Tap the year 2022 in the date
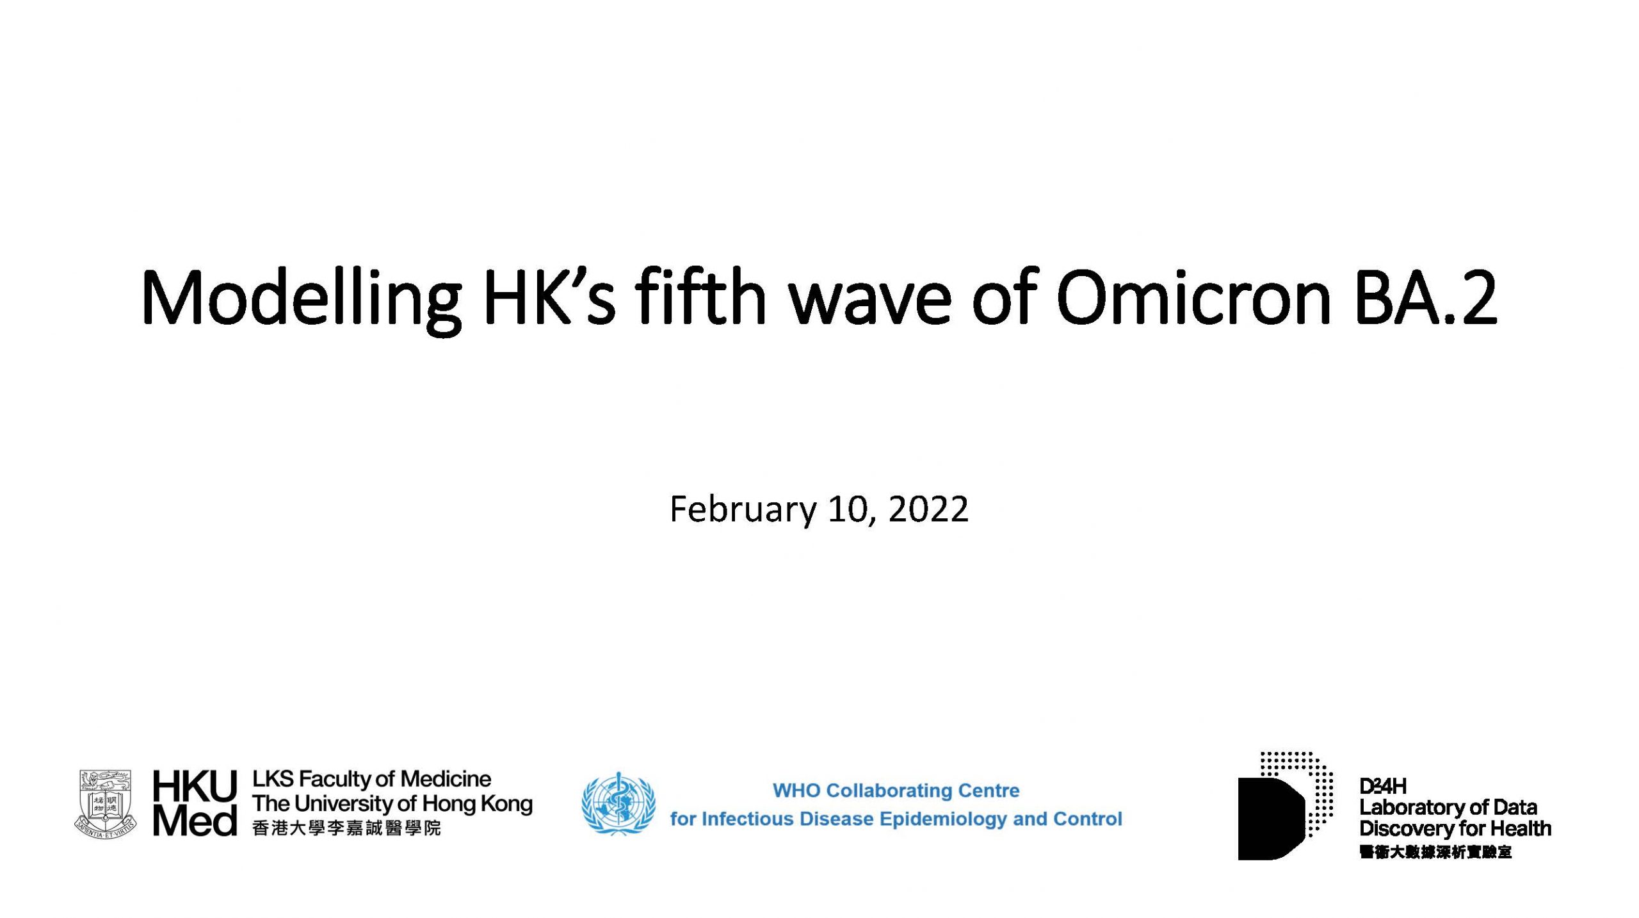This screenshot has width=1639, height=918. [x=928, y=510]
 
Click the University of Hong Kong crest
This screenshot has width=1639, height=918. [x=105, y=804]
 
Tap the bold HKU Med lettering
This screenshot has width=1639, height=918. [x=195, y=804]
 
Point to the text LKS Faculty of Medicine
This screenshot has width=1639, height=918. [x=371, y=779]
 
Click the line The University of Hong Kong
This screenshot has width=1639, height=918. [x=392, y=804]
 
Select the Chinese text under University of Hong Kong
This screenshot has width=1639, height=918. [x=346, y=828]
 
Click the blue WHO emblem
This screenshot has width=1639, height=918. [x=618, y=803]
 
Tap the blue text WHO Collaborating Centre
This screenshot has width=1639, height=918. [x=896, y=791]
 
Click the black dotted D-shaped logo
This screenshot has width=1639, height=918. [x=1286, y=806]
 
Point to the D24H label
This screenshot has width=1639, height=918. [x=1383, y=786]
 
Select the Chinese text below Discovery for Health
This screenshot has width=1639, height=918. [x=1435, y=853]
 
